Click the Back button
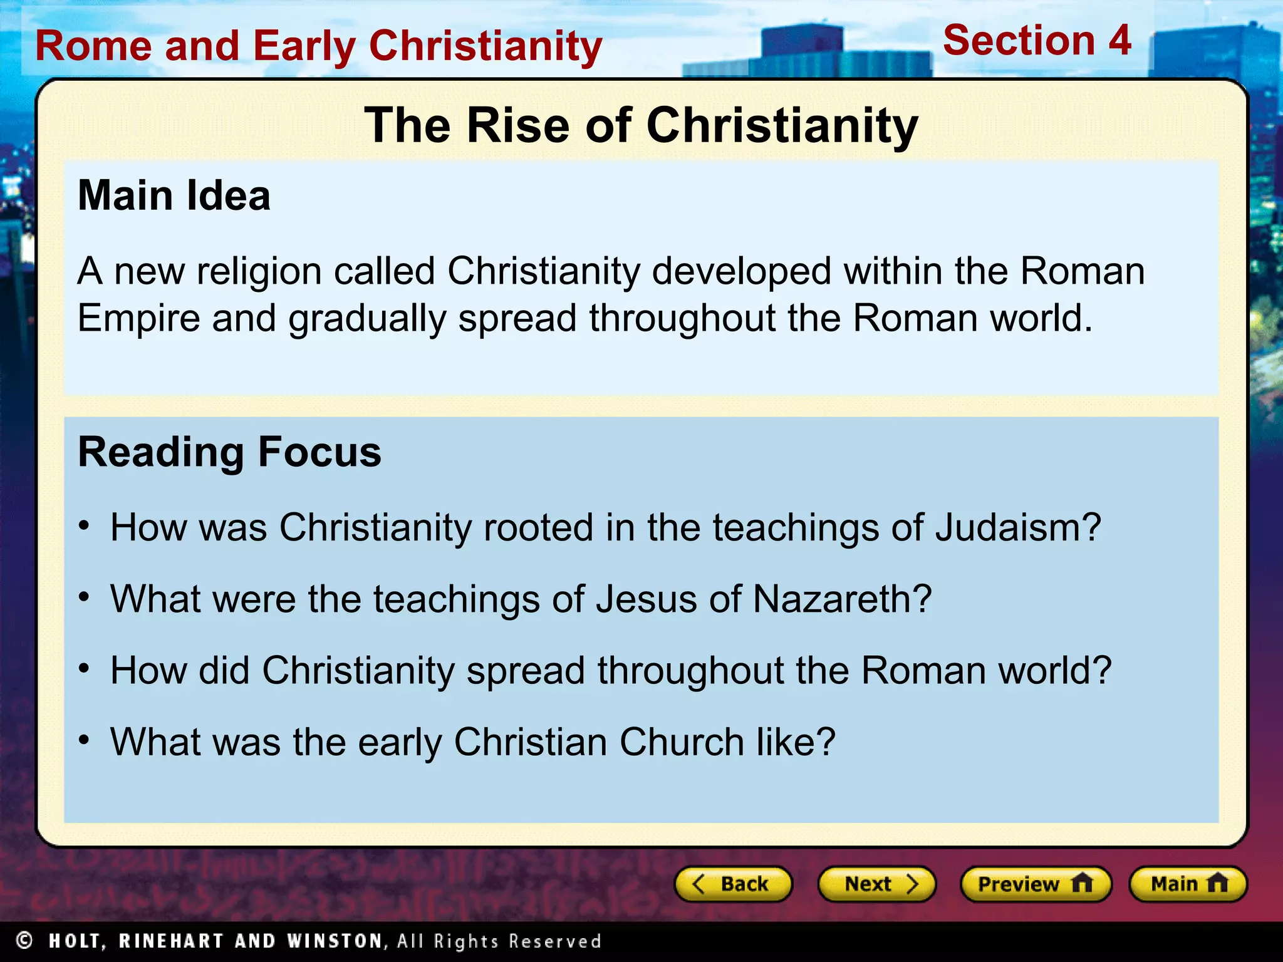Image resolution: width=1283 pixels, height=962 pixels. [733, 884]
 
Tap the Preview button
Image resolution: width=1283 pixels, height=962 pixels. [1036, 884]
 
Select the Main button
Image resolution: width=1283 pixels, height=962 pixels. [1188, 884]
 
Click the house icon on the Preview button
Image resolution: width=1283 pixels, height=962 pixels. [1082, 883]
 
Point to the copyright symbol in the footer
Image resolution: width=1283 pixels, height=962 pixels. [24, 940]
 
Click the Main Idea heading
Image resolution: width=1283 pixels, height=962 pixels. [174, 196]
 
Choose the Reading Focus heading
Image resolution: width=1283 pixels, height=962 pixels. [229, 452]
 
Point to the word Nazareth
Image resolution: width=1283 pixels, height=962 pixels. [842, 599]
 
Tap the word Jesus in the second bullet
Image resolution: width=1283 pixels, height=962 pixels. [646, 599]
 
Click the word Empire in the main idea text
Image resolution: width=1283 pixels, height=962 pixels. [138, 318]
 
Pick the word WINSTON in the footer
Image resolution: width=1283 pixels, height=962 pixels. [335, 941]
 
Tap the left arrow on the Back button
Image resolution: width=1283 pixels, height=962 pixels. [699, 884]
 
